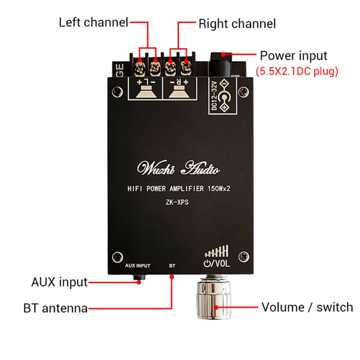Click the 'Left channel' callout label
click(x=94, y=22)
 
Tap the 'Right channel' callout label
click(x=237, y=23)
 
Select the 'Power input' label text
click(x=293, y=56)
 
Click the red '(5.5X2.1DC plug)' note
click(x=297, y=71)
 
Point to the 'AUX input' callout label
click(x=59, y=283)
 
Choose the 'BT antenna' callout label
click(x=55, y=309)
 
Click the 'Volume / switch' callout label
click(x=307, y=308)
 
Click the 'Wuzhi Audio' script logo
click(x=179, y=170)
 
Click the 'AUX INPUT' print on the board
click(x=138, y=265)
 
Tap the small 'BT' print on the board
click(x=172, y=265)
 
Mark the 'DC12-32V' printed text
click(x=215, y=95)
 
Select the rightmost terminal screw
click(x=184, y=69)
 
